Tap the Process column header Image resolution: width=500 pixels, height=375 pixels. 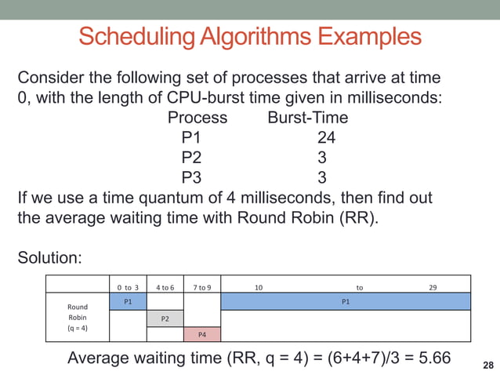tap(197, 118)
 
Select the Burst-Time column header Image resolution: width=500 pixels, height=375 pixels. tap(307, 118)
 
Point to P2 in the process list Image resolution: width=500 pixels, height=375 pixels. tap(192, 158)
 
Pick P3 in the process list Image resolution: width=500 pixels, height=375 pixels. tap(192, 177)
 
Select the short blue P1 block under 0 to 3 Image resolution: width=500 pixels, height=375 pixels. tap(128, 300)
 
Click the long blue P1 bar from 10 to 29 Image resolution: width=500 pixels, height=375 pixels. tap(346, 300)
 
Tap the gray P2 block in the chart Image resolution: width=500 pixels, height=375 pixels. tap(165, 318)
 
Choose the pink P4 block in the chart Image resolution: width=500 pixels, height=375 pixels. tap(201, 335)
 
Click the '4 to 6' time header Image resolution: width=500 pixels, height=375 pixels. tap(165, 287)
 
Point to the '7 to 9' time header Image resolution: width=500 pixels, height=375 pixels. tap(201, 287)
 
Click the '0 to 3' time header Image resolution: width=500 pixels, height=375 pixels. tap(128, 287)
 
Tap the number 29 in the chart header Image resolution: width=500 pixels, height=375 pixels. tap(433, 287)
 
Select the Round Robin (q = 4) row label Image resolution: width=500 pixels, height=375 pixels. tap(78, 317)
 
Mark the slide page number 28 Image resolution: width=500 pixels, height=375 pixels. tap(488, 365)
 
